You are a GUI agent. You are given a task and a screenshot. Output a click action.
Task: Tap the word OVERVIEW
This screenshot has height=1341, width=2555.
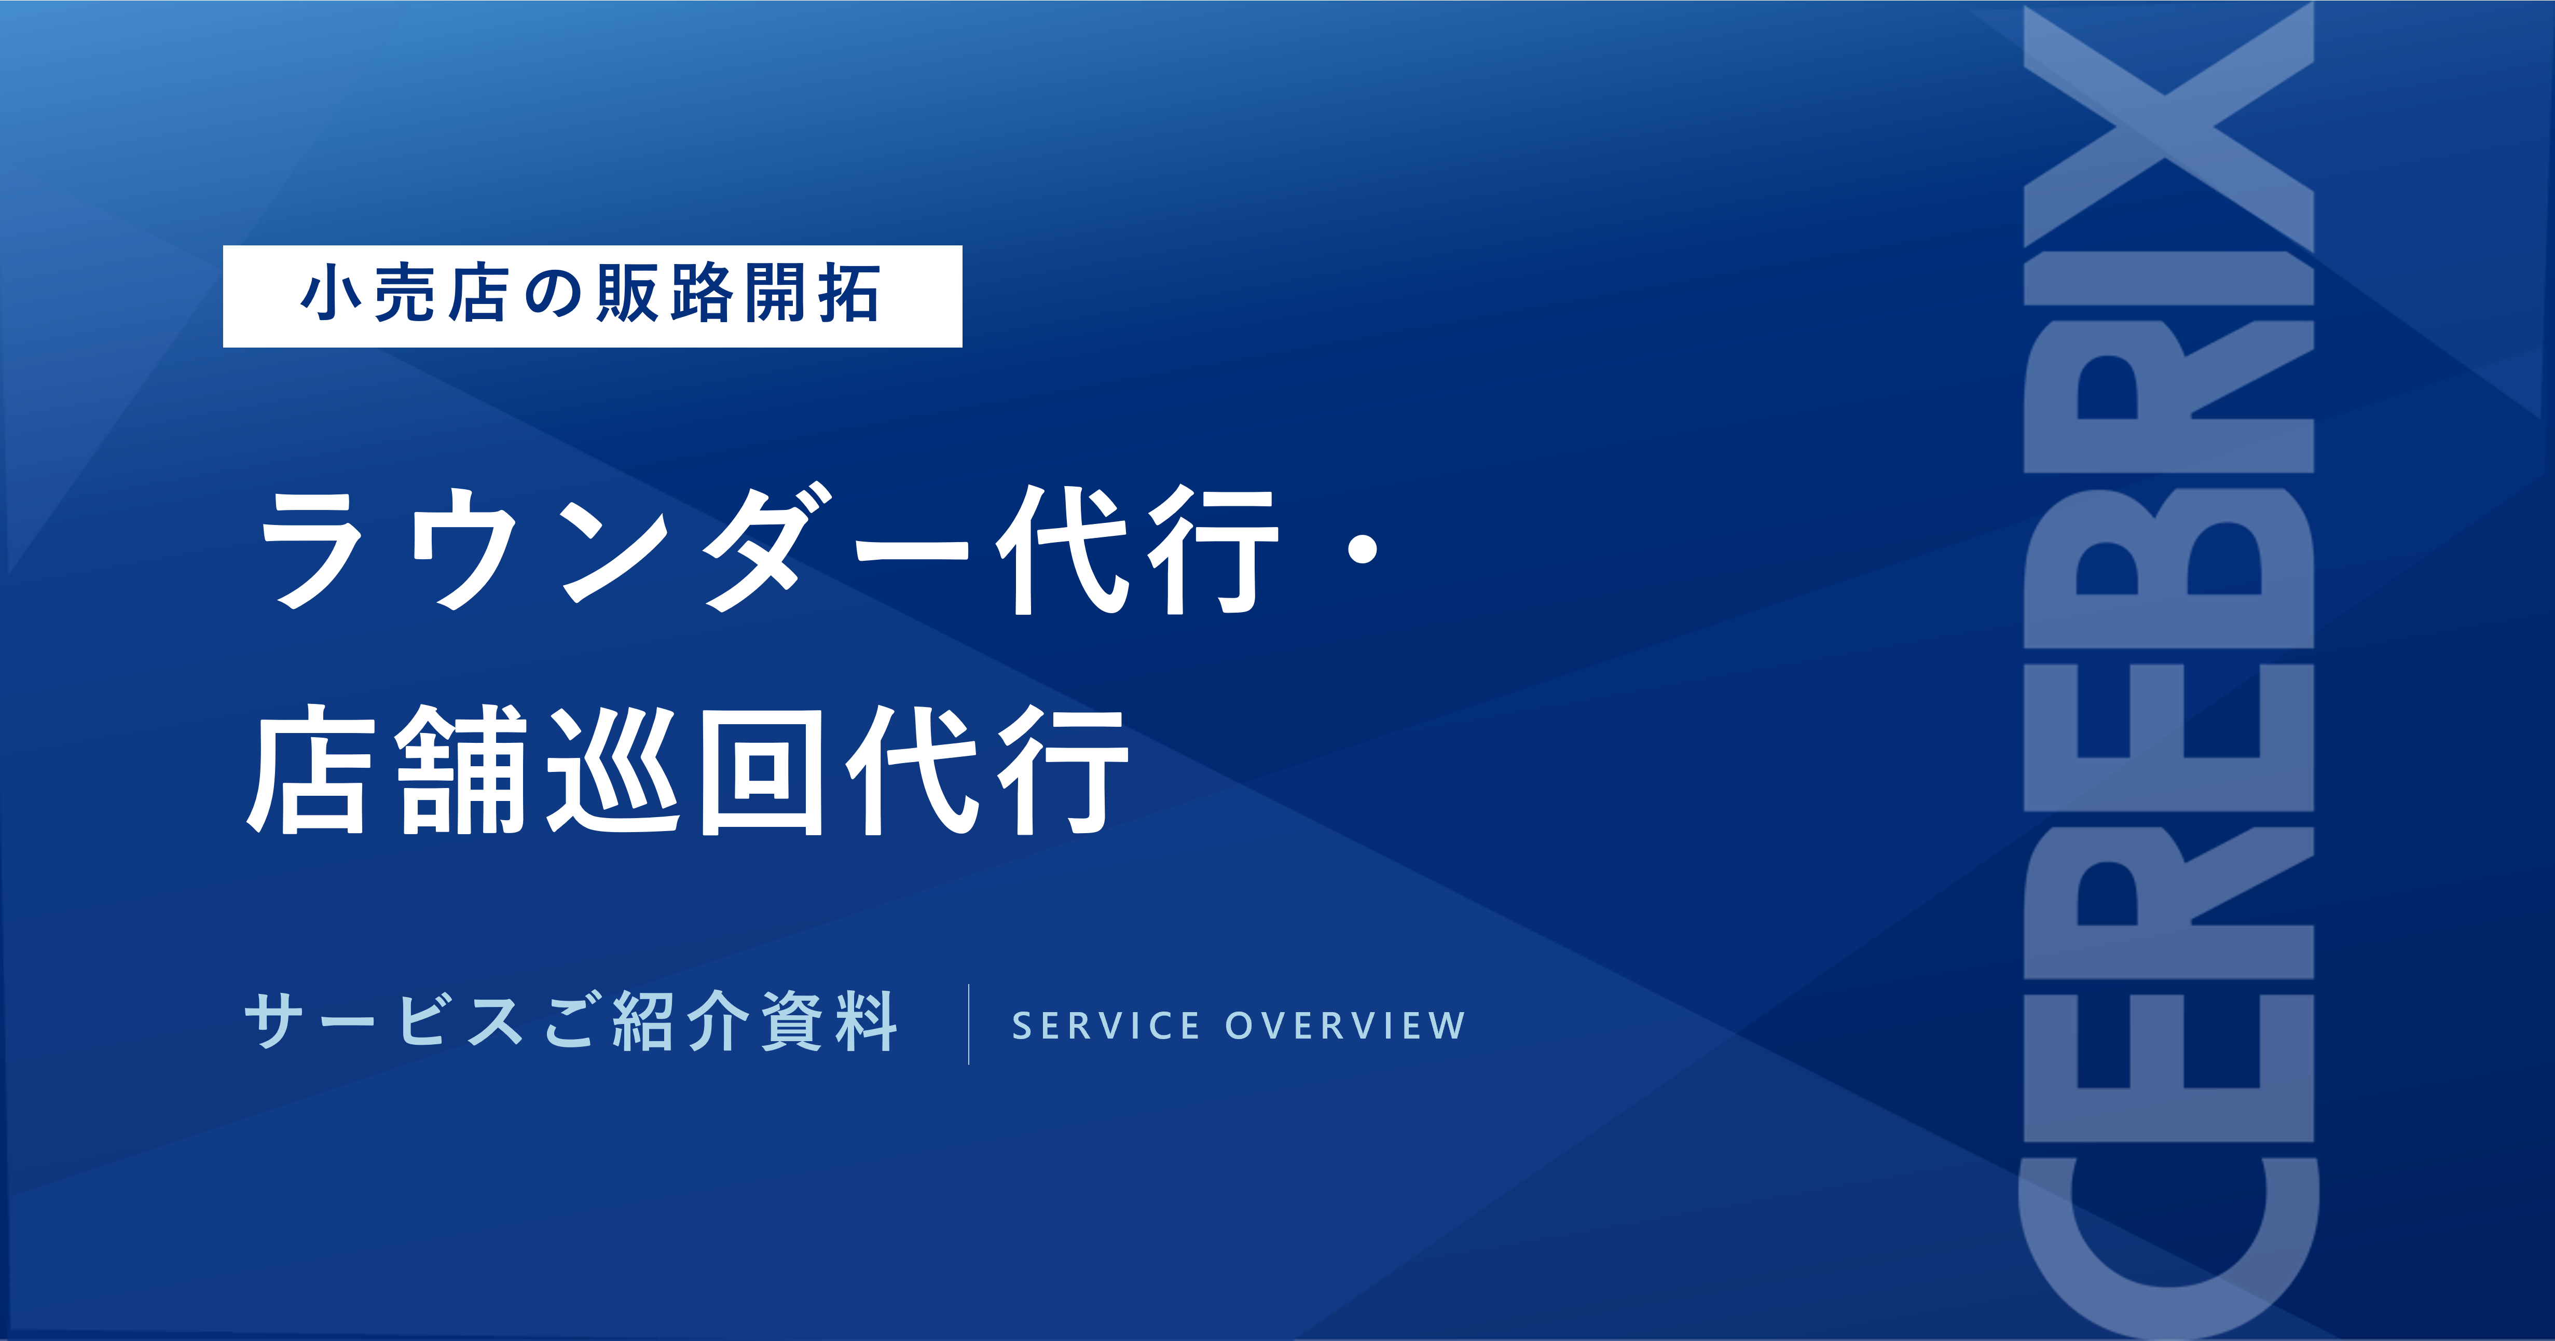(1345, 1026)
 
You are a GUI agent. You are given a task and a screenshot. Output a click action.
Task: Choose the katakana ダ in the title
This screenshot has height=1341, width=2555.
(767, 548)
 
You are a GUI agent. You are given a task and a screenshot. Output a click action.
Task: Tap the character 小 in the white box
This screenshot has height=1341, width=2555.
(331, 295)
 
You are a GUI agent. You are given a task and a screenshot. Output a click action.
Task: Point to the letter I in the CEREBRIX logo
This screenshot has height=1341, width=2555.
(2169, 278)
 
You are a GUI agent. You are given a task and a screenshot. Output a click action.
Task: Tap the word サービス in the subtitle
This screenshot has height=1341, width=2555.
(383, 1021)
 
